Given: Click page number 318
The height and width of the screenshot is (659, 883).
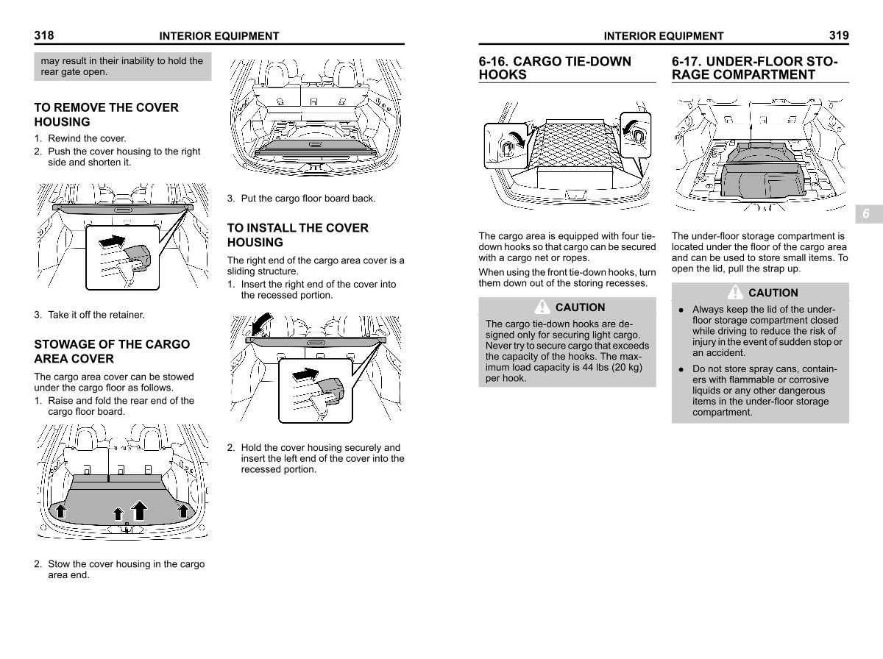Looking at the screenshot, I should [x=44, y=35].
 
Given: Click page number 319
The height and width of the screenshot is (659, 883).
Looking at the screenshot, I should [x=838, y=35].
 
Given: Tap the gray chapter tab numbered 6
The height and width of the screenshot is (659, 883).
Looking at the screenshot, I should [x=865, y=214].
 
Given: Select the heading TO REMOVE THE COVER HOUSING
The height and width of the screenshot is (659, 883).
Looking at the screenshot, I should [x=106, y=115].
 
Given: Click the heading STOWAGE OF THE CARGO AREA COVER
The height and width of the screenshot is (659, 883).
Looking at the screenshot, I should [x=112, y=352].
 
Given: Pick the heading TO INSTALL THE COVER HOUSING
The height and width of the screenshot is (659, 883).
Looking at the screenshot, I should [x=297, y=235].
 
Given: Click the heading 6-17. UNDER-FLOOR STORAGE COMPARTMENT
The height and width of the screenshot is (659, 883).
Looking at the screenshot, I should [x=754, y=67].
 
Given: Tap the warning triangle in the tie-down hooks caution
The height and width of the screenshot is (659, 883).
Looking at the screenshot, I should [x=543, y=307].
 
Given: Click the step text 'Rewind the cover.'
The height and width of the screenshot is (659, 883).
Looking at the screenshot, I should [x=87, y=138].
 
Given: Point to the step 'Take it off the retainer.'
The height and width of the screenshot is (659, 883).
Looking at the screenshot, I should [x=96, y=315].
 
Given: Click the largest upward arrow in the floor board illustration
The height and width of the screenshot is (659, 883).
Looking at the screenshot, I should [x=138, y=508].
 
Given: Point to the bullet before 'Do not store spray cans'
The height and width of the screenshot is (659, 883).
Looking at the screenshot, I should [x=681, y=369].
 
